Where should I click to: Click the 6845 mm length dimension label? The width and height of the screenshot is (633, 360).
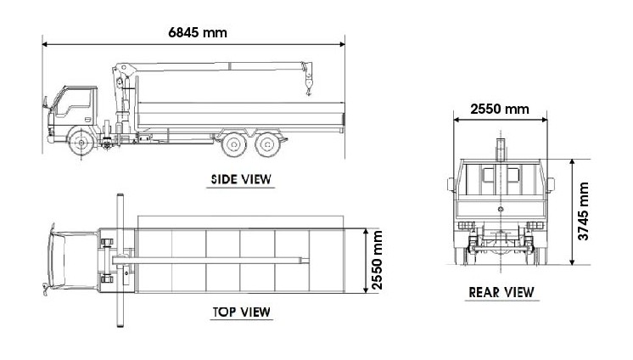(x=198, y=32)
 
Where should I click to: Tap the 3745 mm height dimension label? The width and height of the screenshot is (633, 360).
(x=583, y=211)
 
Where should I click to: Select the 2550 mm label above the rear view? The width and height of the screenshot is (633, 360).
(x=500, y=109)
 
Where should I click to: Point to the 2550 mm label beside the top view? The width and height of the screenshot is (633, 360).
(x=377, y=260)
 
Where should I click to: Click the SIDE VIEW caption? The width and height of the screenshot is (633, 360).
(x=241, y=179)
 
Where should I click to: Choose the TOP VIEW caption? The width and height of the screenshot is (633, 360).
(x=242, y=312)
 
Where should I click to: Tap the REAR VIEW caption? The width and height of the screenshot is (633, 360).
(x=501, y=292)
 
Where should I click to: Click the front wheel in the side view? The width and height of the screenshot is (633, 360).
(x=81, y=143)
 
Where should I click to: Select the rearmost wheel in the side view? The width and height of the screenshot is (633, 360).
(x=267, y=144)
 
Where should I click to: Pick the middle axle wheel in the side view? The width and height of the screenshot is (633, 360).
(x=233, y=144)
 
